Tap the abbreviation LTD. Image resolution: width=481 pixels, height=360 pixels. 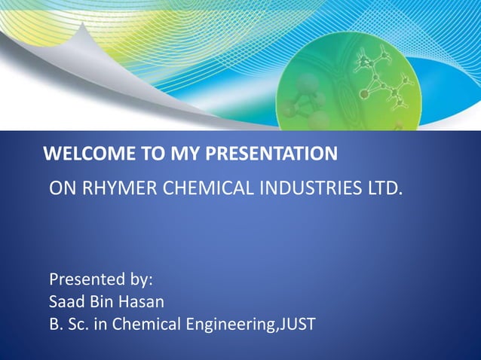(385, 188)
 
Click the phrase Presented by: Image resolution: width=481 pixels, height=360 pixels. (101, 280)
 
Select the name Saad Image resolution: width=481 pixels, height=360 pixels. (66, 303)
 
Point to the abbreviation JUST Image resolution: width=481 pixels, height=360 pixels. (298, 325)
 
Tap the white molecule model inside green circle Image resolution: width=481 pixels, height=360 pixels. (385, 83)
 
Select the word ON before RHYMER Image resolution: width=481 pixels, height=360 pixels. (62, 188)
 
